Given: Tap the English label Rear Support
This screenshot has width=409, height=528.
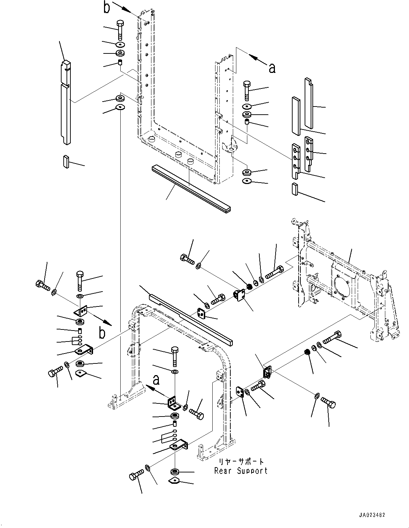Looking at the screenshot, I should (241, 471).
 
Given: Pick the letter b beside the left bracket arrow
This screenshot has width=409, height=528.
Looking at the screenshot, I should (102, 333).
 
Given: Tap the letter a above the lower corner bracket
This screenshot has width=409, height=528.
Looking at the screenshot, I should (156, 380).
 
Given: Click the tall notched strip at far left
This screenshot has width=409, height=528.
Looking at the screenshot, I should (66, 103).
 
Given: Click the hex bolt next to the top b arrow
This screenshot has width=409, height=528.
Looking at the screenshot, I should (119, 28).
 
